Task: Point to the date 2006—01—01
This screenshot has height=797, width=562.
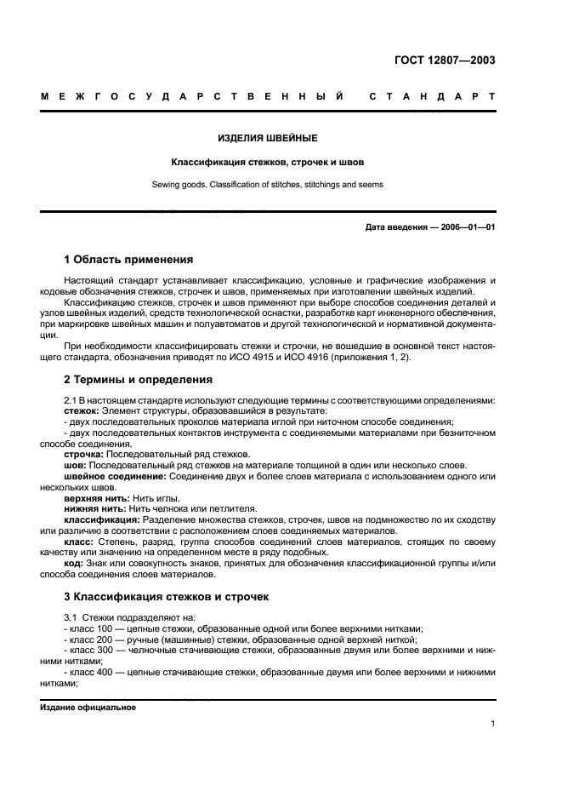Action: point(465,227)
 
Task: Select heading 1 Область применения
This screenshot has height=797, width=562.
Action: point(128,259)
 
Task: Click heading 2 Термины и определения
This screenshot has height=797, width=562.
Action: point(139,380)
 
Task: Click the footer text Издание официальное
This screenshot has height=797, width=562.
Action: point(88,708)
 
